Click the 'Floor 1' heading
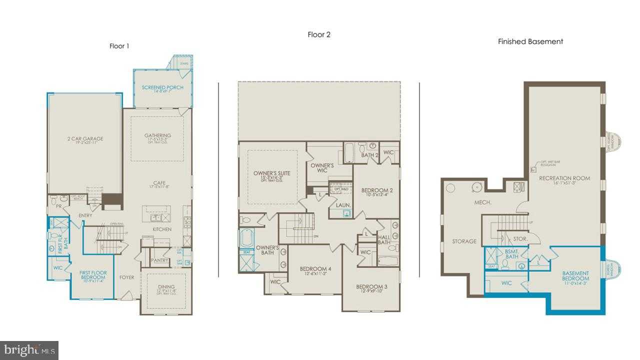point(119,46)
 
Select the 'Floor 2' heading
point(319,34)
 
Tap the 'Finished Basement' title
point(530,41)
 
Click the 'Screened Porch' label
point(162,87)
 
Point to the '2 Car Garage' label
point(85,138)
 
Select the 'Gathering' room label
point(157,135)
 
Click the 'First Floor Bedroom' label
point(93,275)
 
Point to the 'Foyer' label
point(126,277)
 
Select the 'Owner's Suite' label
point(271,173)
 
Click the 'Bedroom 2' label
point(377,190)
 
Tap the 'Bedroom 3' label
point(371,286)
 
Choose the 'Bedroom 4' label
point(315,269)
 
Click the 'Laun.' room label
point(343,205)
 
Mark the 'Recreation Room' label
point(564,178)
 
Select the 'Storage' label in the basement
point(464,241)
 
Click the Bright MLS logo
point(29,350)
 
